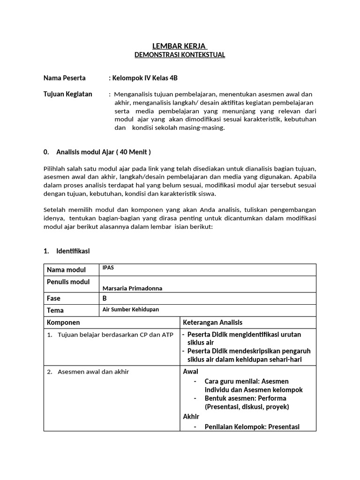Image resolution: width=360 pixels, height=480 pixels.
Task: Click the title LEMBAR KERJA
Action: point(180,46)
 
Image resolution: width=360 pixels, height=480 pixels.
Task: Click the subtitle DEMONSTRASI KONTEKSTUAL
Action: point(180,55)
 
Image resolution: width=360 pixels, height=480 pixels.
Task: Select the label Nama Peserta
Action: point(65,78)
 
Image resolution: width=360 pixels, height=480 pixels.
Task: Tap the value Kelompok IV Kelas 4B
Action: point(143,78)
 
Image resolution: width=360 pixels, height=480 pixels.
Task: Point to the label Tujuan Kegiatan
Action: point(68,94)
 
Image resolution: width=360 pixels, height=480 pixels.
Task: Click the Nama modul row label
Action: point(66,270)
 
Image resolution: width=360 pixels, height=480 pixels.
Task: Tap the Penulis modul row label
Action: point(68,282)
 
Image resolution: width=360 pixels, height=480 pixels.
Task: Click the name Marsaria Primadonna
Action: point(132,288)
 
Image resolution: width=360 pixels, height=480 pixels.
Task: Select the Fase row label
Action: point(54,298)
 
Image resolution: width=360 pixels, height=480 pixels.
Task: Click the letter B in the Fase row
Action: point(105,298)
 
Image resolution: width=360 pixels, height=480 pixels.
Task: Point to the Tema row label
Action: point(55,310)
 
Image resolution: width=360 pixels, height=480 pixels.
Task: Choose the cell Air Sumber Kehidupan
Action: point(131,309)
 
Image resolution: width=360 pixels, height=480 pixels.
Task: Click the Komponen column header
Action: point(63,322)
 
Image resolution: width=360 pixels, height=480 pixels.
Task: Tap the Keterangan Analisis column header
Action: point(212,322)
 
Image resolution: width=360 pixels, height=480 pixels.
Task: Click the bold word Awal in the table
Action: point(190,372)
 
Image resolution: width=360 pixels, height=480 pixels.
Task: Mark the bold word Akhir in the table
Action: point(191,416)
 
